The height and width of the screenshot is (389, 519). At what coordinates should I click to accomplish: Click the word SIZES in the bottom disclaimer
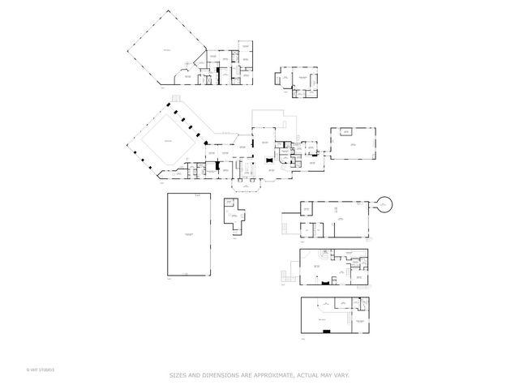tap(178, 374)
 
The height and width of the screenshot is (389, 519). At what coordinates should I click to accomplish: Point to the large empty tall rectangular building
tap(190, 236)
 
